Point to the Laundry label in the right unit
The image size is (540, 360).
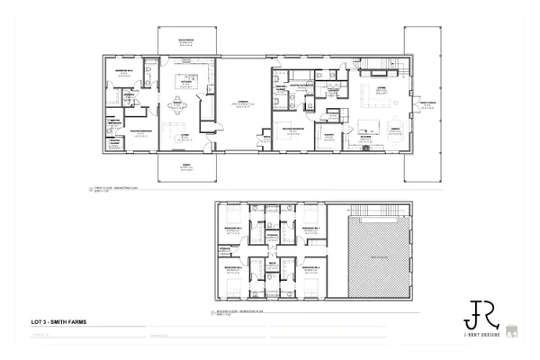[333, 90]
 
